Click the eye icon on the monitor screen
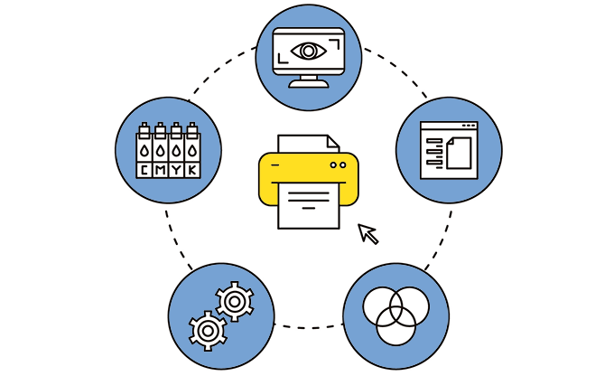(x=309, y=51)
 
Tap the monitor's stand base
(x=309, y=84)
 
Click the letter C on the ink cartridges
(x=144, y=170)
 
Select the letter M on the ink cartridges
(x=160, y=170)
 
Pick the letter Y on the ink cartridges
(x=176, y=170)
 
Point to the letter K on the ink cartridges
(x=192, y=170)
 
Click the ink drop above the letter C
(x=144, y=151)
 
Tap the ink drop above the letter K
(x=191, y=151)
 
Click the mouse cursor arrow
(x=368, y=234)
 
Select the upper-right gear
(x=235, y=302)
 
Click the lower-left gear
(x=208, y=331)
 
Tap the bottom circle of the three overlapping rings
(x=395, y=326)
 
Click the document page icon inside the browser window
(x=459, y=153)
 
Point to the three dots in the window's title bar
(x=469, y=126)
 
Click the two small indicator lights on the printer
(x=338, y=165)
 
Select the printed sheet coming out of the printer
(x=309, y=206)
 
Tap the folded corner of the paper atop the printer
(x=333, y=141)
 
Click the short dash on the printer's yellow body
(x=275, y=165)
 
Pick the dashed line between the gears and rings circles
(x=309, y=327)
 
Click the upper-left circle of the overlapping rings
(x=383, y=306)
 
